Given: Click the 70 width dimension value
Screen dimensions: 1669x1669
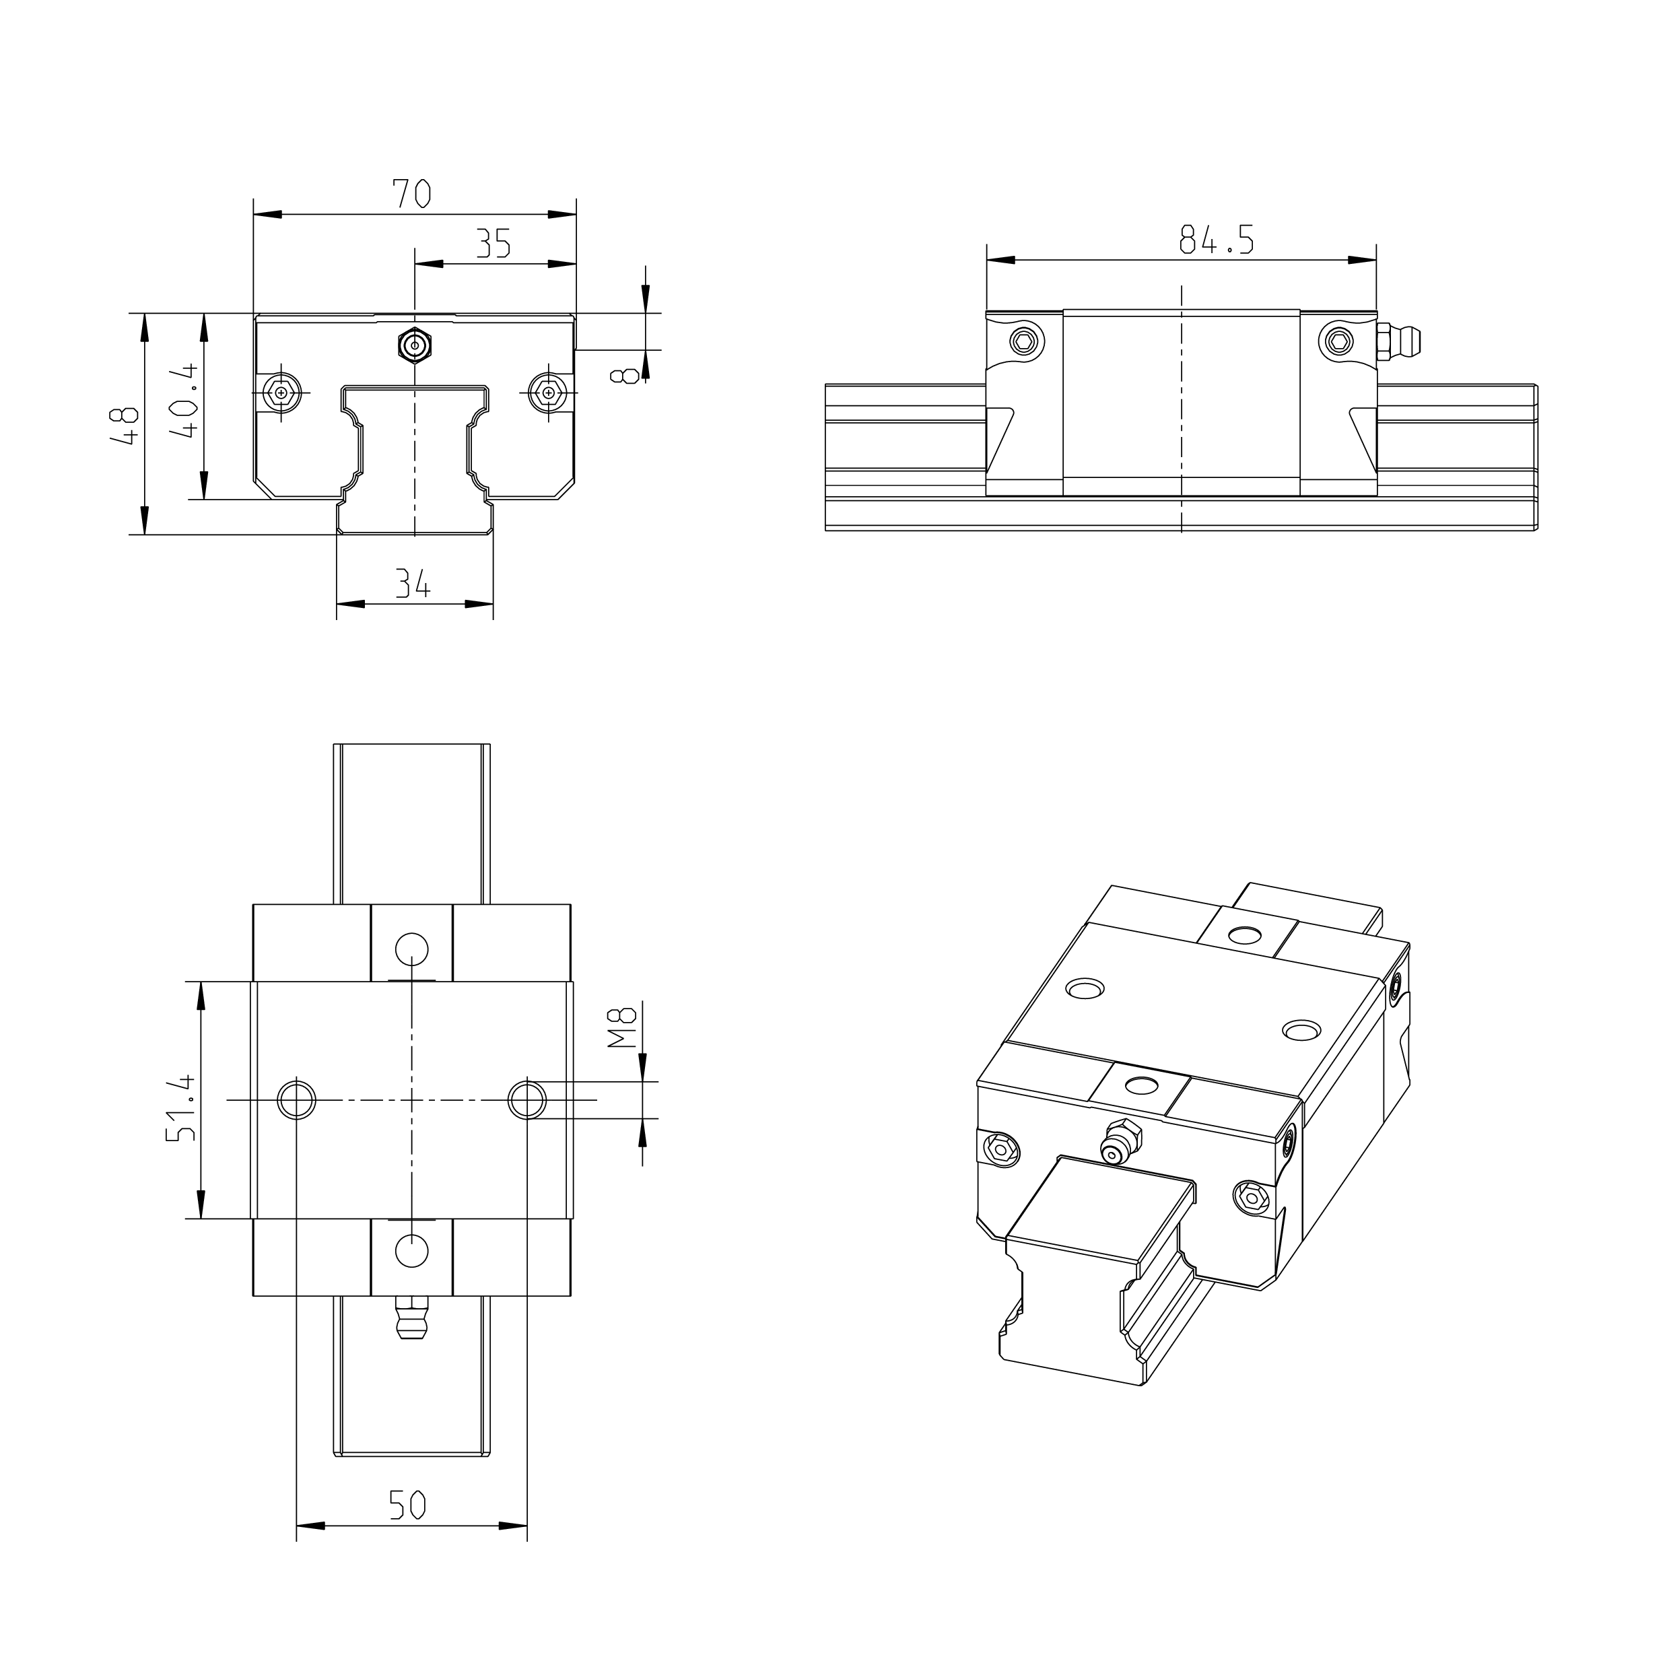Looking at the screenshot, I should pos(412,193).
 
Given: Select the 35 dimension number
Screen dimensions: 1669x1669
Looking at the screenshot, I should pos(494,244).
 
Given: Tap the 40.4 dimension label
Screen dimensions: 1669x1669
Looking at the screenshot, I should pos(186,402).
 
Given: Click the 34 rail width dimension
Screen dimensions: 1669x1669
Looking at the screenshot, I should pos(413,585).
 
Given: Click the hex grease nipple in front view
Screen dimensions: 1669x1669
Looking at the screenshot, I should pos(415,345).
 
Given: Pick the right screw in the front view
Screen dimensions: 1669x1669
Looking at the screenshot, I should pos(549,393).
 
